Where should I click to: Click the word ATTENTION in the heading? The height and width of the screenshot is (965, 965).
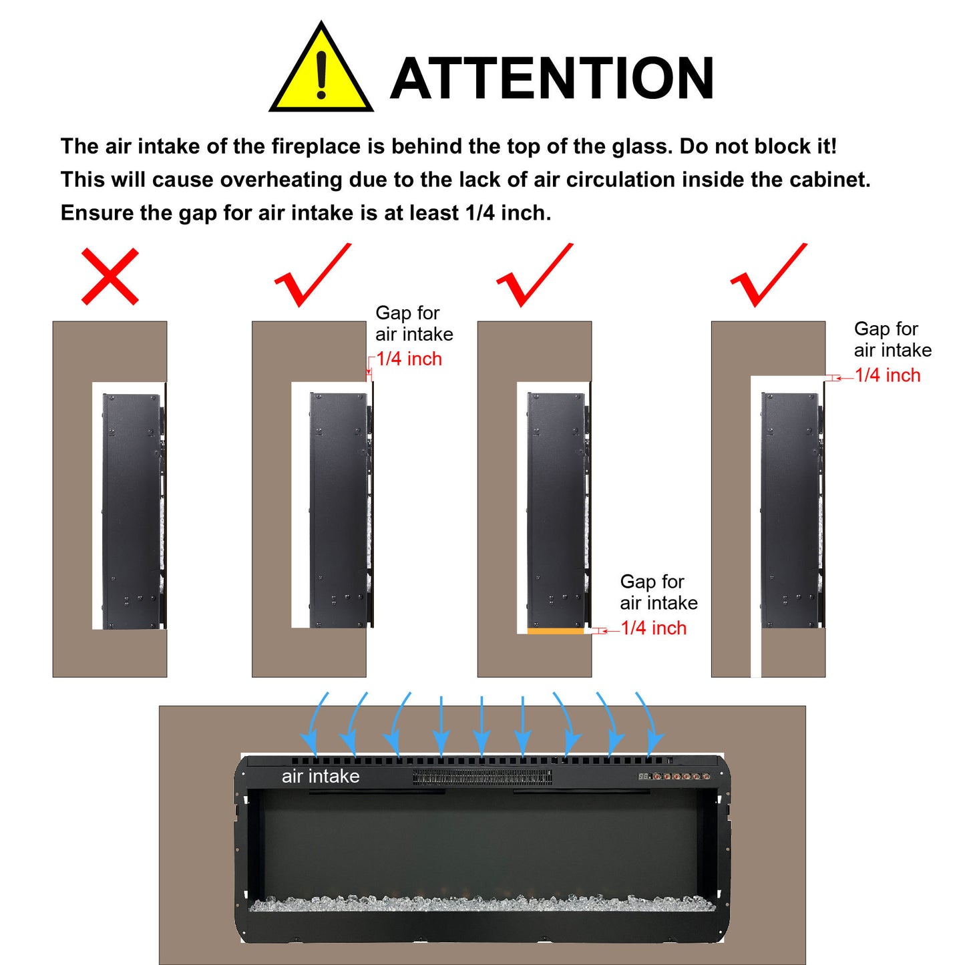[x=552, y=78]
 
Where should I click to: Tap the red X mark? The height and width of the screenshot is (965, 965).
[x=110, y=276]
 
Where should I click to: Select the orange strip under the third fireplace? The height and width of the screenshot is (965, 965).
[x=556, y=632]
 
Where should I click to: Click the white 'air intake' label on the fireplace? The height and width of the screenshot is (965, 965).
[x=321, y=776]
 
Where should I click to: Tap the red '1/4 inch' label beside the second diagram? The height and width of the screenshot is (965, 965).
[x=409, y=359]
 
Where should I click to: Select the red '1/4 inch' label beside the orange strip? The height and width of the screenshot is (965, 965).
[x=654, y=628]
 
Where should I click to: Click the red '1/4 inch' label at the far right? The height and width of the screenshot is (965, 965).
[x=888, y=375]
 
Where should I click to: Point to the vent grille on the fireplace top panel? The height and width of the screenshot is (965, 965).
[x=482, y=778]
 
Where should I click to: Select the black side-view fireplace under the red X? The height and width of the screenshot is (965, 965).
[x=134, y=511]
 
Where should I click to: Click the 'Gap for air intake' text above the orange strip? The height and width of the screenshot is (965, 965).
[x=658, y=592]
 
